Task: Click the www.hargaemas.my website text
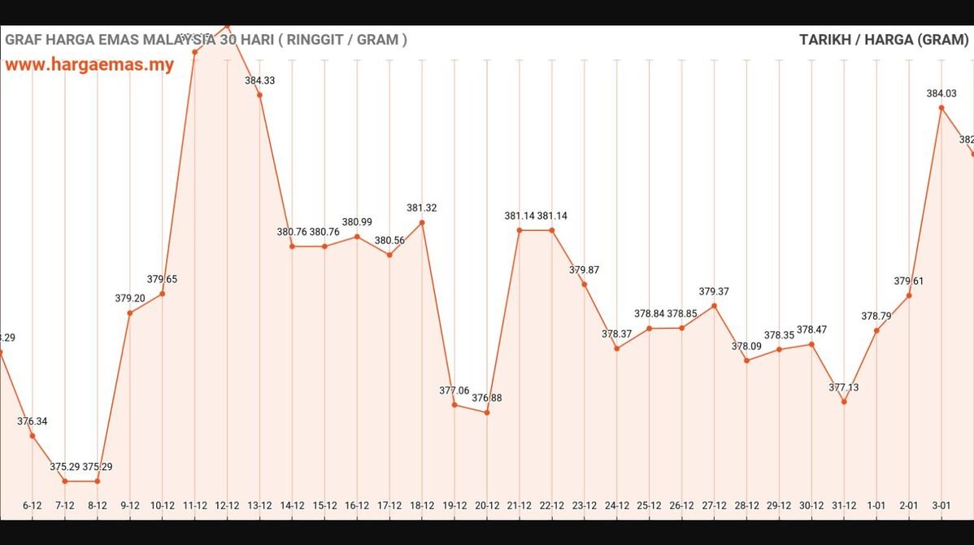pyautogui.click(x=89, y=65)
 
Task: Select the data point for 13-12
pyautogui.click(x=259, y=95)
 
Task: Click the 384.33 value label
pyautogui.click(x=259, y=80)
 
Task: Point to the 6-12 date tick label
pyautogui.click(x=33, y=505)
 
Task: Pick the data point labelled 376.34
pyautogui.click(x=33, y=436)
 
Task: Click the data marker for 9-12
pyautogui.click(x=130, y=313)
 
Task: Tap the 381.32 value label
pyautogui.click(x=422, y=208)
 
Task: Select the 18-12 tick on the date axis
pyautogui.click(x=422, y=505)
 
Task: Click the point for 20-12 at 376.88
pyautogui.click(x=487, y=412)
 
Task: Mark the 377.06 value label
pyautogui.click(x=454, y=390)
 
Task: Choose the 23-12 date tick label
pyautogui.click(x=585, y=505)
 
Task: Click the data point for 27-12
pyautogui.click(x=715, y=306)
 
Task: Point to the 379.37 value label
pyautogui.click(x=715, y=291)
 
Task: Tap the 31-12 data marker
pyautogui.click(x=844, y=402)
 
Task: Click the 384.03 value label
pyautogui.click(x=941, y=94)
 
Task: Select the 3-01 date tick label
pyautogui.click(x=941, y=505)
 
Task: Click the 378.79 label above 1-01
pyautogui.click(x=876, y=316)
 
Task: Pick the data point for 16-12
pyautogui.click(x=357, y=237)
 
